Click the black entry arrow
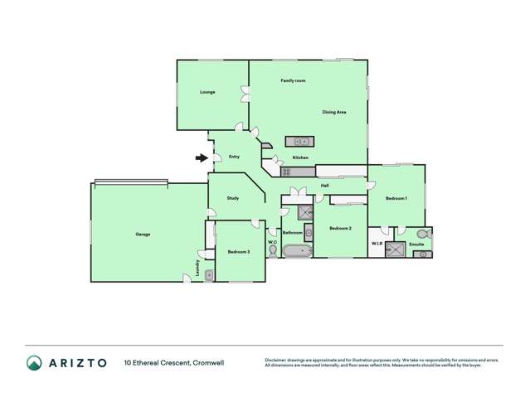coord(201,157)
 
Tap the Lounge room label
coord(207,92)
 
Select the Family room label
coord(293,80)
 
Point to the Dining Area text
coord(334,112)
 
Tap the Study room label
coord(233,198)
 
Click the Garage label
coord(143,235)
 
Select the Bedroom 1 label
coord(396,199)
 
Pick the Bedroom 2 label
coord(340,228)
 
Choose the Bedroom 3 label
coord(239,251)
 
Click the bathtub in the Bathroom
coord(296,251)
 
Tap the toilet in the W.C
coord(273,251)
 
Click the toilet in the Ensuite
coord(425,234)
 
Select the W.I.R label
coord(377,244)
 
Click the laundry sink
coord(209,274)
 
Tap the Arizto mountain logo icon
coord(34,362)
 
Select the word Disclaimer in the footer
coord(279,359)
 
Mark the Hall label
coord(325,186)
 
